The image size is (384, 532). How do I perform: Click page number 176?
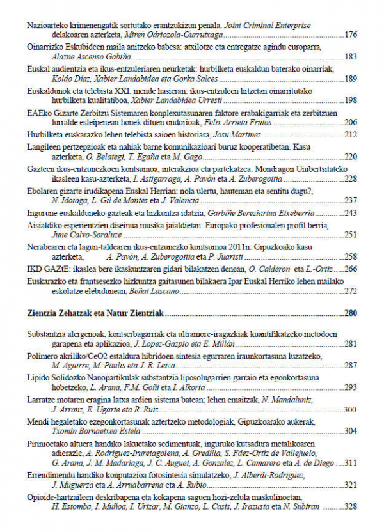350,35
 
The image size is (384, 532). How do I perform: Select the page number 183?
350,57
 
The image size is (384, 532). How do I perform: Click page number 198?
350,100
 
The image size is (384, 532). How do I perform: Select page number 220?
350,156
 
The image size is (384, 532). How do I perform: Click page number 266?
350,269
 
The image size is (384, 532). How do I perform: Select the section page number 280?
350,313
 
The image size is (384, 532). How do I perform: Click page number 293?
350,387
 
